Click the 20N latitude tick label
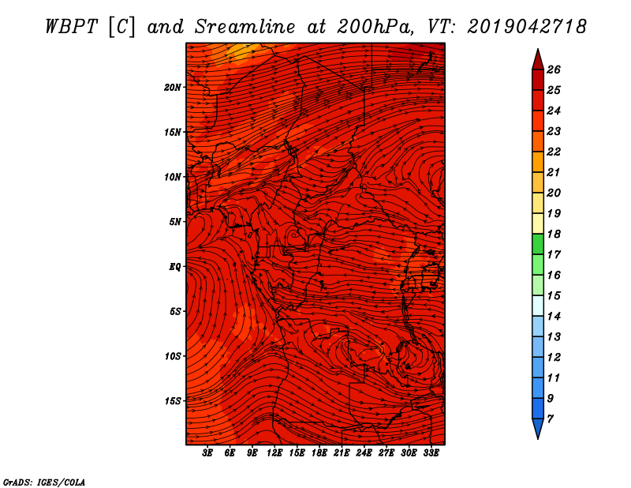[173, 88]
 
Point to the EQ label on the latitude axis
[175, 267]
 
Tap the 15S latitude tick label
[173, 401]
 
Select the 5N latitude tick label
[175, 222]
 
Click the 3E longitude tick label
[207, 453]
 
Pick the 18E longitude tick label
[319, 453]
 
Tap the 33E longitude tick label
[431, 453]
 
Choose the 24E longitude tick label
[364, 453]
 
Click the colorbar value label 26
[554, 69]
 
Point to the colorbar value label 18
[554, 234]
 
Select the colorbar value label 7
[550, 419]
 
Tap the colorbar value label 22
[554, 152]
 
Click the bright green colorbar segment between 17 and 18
[538, 244]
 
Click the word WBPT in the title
[71, 27]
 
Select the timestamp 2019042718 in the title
[527, 27]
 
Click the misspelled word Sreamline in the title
[245, 27]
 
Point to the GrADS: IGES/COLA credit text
[44, 482]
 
